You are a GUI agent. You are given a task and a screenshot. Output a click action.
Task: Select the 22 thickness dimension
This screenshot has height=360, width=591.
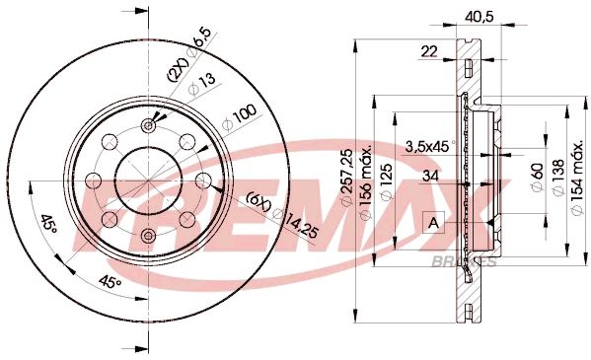(428, 51)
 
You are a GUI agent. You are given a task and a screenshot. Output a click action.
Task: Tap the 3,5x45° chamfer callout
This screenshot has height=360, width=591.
(426, 145)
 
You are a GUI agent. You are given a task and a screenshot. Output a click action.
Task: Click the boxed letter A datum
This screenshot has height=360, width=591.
(434, 223)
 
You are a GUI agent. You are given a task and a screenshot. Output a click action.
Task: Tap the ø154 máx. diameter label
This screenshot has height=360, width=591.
(576, 178)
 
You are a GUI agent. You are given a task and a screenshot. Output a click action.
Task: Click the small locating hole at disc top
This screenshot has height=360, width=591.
(149, 124)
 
